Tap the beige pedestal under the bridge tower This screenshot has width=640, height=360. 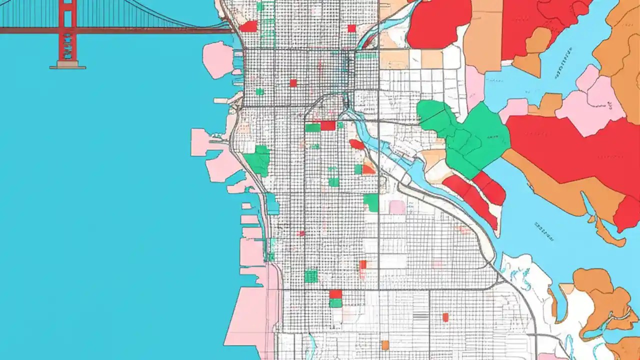coord(67,65)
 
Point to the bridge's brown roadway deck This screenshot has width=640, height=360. coord(150,30)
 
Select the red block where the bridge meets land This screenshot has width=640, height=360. coord(248,26)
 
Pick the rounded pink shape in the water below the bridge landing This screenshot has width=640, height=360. coord(218,60)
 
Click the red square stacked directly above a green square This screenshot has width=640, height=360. coord(335,294)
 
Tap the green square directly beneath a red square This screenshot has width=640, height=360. coord(335,303)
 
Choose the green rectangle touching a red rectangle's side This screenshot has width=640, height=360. coord(312,127)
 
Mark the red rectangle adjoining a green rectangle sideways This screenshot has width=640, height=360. coord(328,125)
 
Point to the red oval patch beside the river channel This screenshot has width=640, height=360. coord(356,144)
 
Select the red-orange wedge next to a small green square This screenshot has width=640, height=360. coord(368,169)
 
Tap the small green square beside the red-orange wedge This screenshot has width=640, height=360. coord(358,169)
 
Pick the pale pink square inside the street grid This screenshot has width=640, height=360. coord(397,207)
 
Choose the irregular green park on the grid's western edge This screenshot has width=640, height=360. coord(258,161)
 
